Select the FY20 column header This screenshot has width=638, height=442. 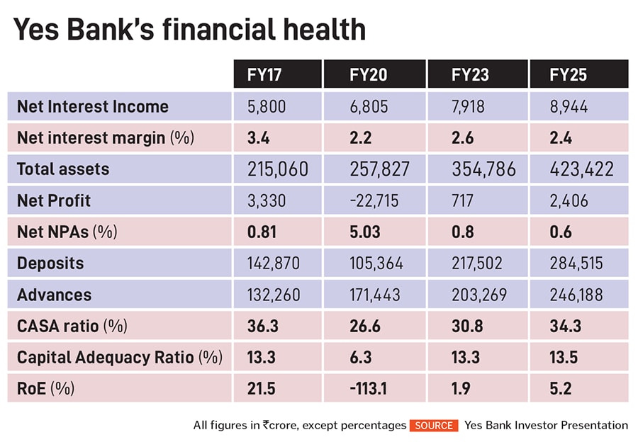[x=369, y=74]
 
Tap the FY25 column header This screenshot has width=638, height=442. [x=569, y=74]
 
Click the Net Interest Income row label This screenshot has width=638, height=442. [x=93, y=107]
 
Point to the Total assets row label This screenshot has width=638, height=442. [x=63, y=169]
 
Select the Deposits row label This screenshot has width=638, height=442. [x=50, y=263]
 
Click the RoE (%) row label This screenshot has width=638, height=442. [x=45, y=388]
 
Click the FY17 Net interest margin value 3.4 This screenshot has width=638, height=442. [x=259, y=138]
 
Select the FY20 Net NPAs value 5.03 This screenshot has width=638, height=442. [x=366, y=232]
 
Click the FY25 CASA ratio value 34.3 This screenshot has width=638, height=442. [x=564, y=326]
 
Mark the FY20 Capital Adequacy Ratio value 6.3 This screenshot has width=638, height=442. [x=361, y=357]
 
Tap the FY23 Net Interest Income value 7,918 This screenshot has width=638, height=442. [x=471, y=107]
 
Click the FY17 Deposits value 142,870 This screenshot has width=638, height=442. [x=274, y=263]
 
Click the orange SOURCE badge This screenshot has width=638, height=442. [x=434, y=426]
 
